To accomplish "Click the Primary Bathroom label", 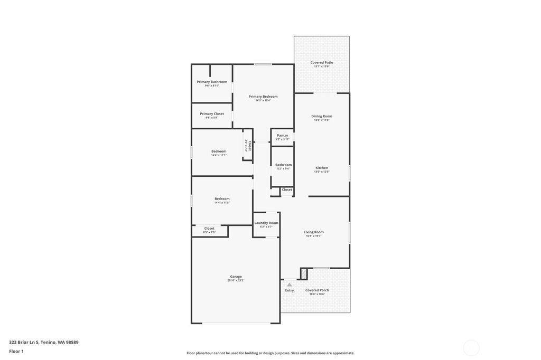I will (212, 82).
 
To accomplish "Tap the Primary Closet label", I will (212, 113).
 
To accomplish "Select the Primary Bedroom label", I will (263, 97).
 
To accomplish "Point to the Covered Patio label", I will (322, 62).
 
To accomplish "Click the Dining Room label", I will (322, 116).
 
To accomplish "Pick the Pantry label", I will (282, 135).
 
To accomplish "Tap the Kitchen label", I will (322, 168).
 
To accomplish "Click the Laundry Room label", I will (266, 223).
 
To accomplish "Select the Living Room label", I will (314, 232).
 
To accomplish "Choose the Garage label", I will (236, 276).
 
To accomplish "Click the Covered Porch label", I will (317, 290).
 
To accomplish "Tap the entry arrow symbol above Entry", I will (289, 285).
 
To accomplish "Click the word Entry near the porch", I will (290, 290).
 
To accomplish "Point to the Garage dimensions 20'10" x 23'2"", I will (236, 280).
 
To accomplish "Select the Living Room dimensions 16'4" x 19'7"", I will (314, 236).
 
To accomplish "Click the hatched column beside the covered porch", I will (304, 273).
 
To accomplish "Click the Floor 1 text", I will (16, 351).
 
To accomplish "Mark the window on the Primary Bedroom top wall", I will (263, 64).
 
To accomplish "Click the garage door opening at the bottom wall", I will (236, 323).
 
